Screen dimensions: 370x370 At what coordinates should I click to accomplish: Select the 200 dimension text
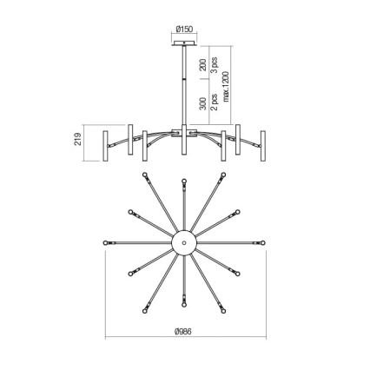pyautogui.click(x=203, y=66)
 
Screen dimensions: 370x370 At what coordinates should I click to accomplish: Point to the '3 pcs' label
pyautogui.click(x=214, y=65)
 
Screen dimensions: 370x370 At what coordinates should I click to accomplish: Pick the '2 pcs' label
pyautogui.click(x=214, y=102)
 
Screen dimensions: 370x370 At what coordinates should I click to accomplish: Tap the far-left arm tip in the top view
pyautogui.click(x=107, y=239)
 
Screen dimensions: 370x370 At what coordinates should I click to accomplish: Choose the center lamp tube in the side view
pyautogui.click(x=184, y=144)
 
